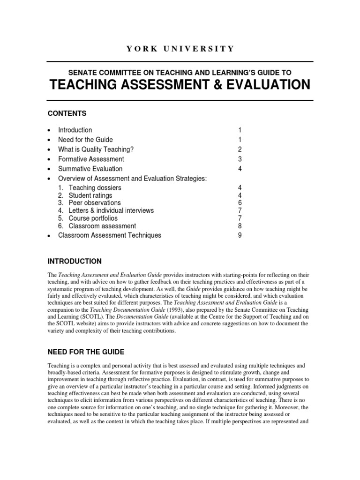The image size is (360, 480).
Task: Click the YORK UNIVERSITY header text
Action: pos(180,49)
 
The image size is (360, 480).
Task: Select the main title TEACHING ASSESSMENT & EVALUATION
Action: pos(180,85)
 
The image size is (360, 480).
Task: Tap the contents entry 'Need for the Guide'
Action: pos(85,140)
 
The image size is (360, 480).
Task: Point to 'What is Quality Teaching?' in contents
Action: pos(97,150)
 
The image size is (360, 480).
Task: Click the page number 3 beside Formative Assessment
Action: pos(240,159)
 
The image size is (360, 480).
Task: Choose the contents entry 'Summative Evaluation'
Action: pos(90,169)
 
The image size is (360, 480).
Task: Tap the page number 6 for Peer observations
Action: pos(240,203)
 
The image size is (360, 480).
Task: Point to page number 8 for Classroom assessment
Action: pos(240,226)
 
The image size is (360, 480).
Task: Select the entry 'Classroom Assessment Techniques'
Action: pos(109,235)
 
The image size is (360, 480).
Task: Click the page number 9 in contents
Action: pos(240,235)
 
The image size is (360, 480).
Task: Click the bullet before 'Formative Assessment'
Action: pos(49,159)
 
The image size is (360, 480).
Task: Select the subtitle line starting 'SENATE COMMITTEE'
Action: pos(180,72)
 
